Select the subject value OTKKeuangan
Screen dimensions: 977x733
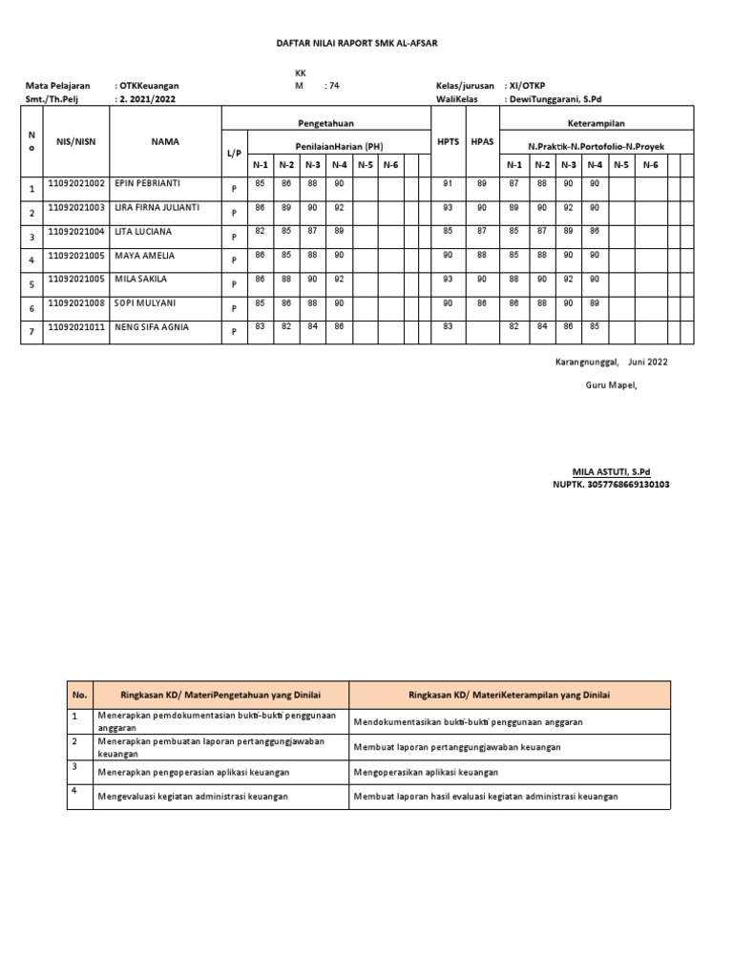pos(148,85)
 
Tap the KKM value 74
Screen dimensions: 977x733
pos(332,85)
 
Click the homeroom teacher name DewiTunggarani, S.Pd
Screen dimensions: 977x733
pos(563,98)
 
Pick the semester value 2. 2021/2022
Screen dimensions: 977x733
pos(147,98)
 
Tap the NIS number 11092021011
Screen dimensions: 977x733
pos(75,327)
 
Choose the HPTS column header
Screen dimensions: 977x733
pos(448,142)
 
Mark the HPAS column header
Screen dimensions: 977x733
pos(482,142)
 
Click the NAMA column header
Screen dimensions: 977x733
pos(165,142)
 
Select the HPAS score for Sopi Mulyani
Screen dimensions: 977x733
pos(482,303)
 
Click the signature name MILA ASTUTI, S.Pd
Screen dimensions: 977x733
pos(610,472)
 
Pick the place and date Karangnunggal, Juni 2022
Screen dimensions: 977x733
pos(612,362)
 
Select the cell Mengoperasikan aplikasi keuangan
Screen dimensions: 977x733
pos(426,771)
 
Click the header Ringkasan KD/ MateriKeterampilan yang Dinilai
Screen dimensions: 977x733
pos(510,695)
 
